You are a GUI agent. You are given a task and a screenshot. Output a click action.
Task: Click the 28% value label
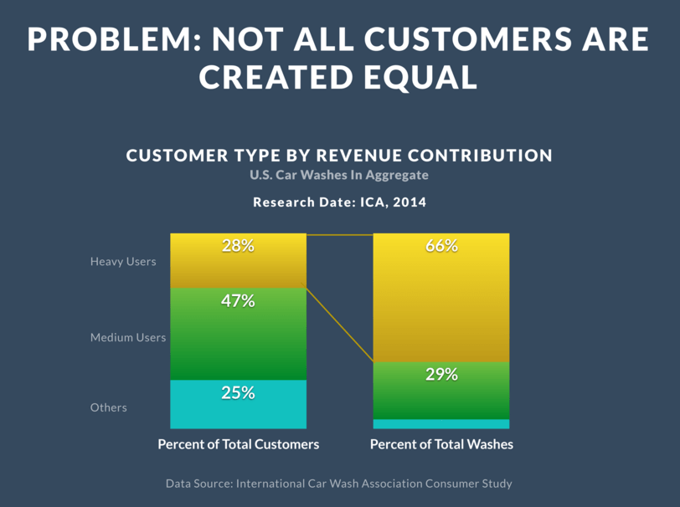238,246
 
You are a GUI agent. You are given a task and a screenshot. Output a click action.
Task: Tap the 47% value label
238,300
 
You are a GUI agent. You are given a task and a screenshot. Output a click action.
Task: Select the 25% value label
238,393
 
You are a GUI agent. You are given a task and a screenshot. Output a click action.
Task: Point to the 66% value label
441,246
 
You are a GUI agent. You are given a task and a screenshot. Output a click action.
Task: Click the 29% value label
441,375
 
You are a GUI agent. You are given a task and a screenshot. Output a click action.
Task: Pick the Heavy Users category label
123,262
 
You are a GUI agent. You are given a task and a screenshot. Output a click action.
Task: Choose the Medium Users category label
128,337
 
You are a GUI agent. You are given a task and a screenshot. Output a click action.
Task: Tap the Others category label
108,407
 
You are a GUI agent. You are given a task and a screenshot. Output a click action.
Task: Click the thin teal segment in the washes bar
441,424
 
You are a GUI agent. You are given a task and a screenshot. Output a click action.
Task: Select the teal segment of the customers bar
238,404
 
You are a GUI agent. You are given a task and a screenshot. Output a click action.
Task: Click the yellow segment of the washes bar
441,298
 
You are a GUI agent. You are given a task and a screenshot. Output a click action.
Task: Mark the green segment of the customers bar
238,334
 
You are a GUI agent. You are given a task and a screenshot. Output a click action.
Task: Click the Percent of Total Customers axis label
239,444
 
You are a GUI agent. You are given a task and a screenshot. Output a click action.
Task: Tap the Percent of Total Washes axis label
441,444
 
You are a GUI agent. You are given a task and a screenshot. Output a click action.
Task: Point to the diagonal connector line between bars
339,325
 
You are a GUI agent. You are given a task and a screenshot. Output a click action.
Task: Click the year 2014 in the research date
410,202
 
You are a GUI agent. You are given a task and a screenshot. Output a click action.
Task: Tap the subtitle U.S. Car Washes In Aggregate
339,175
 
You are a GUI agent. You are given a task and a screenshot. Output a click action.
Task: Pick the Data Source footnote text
339,484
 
